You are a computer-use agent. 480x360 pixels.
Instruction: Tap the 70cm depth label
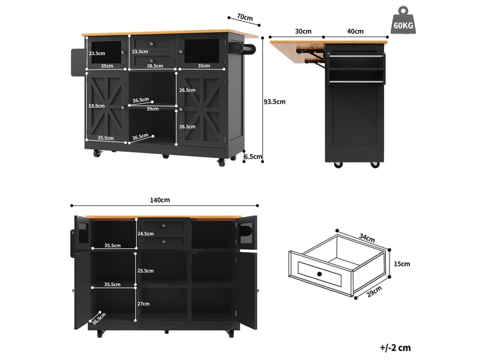[x=245, y=17]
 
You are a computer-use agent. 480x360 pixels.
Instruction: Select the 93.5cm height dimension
[x=275, y=101]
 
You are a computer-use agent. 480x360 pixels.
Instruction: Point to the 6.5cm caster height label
[x=253, y=157]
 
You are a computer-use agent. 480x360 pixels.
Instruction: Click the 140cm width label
[x=160, y=200]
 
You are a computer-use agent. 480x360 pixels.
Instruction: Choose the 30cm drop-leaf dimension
[x=303, y=31]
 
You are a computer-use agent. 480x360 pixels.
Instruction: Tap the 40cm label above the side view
[x=355, y=31]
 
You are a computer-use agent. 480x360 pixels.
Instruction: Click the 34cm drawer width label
[x=367, y=238]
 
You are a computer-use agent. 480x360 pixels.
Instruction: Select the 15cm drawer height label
[x=401, y=263]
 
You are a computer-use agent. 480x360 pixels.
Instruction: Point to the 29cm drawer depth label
[x=374, y=291]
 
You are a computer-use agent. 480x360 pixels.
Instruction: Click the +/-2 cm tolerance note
[x=395, y=347]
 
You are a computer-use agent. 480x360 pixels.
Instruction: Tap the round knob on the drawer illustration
[x=320, y=274]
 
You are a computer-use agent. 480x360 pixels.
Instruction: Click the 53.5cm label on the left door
[x=97, y=106]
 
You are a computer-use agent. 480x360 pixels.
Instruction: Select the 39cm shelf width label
[x=152, y=109]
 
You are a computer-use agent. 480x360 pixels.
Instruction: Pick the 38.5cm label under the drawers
[x=155, y=65]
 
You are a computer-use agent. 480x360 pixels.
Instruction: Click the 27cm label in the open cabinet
[x=143, y=304]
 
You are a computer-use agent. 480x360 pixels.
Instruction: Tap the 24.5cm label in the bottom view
[x=145, y=233]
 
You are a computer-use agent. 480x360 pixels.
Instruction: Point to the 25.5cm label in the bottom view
[x=145, y=271]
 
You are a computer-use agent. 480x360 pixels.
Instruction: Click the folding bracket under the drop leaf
[x=311, y=56]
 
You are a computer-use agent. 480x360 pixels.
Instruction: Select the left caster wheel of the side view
[x=338, y=164]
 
